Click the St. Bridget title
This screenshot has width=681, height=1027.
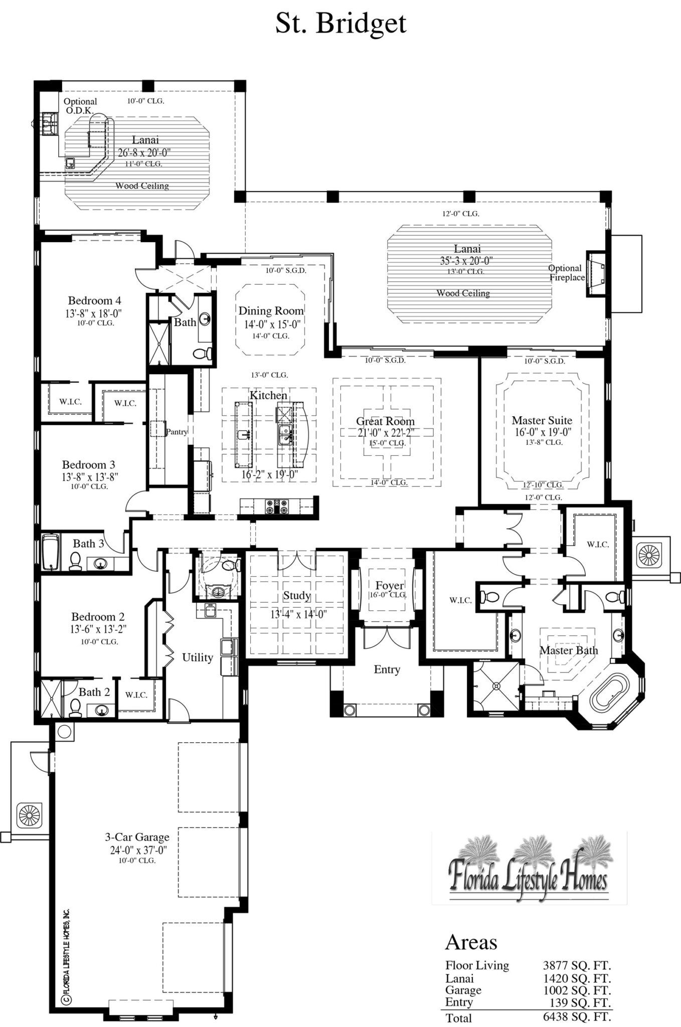click(341, 23)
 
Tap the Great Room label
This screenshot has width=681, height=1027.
click(385, 421)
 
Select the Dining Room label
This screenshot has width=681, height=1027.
click(271, 311)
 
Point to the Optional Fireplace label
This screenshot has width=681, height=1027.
click(566, 272)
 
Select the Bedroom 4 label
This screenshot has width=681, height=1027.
click(94, 301)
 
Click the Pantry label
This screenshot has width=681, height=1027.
click(177, 431)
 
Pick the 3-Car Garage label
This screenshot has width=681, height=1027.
click(137, 837)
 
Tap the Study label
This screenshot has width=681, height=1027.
click(296, 596)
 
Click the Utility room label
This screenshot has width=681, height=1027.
click(198, 657)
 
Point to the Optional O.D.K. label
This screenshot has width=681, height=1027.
click(80, 105)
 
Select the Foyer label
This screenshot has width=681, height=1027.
click(390, 586)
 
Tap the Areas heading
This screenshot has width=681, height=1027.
click(471, 943)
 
